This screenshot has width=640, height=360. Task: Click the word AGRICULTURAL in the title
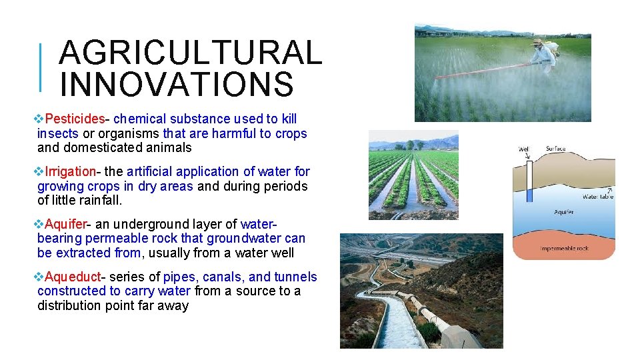coord(190,53)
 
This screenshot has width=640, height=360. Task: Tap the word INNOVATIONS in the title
coord(176,85)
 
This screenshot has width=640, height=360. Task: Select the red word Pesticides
coord(75,119)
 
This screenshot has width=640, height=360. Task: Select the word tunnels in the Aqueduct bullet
coord(296,277)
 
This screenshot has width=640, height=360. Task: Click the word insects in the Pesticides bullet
coord(58,134)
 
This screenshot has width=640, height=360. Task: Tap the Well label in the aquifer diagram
coord(524,149)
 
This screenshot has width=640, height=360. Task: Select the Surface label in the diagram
coord(555,149)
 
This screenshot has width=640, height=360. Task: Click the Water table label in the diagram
coord(598,197)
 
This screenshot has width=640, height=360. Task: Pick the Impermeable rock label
coord(563,249)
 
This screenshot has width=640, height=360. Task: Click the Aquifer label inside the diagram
coord(563,212)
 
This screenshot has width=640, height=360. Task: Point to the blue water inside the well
coord(530,196)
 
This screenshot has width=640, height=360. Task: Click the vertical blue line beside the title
coord(41,67)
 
